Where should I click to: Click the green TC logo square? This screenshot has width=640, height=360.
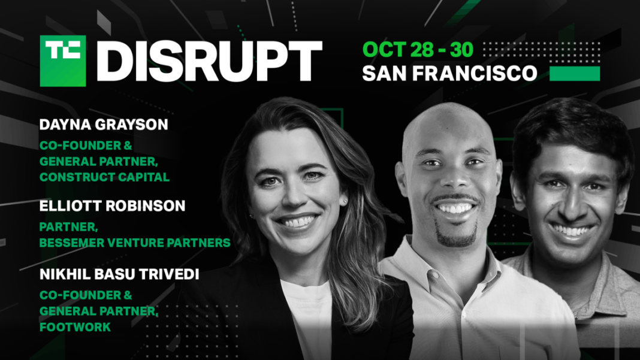coord(62,60)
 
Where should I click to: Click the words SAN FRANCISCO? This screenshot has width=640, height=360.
coord(449,73)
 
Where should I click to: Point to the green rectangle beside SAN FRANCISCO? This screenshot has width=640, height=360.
coord(575,73)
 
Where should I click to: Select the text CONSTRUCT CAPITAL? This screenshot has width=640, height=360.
coord(104,177)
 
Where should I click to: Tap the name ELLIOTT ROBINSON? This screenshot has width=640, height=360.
coord(112,206)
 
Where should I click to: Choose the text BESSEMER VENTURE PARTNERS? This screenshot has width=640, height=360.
coord(135,243)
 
